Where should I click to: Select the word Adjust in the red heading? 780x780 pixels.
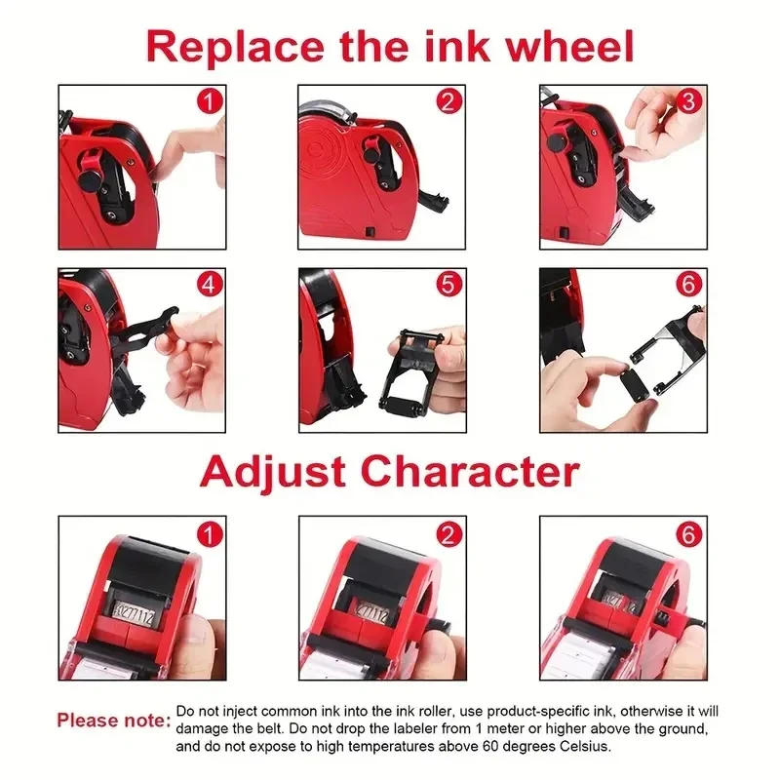270,471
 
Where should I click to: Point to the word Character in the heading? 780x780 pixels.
466,471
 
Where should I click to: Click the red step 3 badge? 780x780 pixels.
689,100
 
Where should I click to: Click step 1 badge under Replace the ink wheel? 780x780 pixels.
209,100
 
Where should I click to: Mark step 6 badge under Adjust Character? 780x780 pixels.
689,534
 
